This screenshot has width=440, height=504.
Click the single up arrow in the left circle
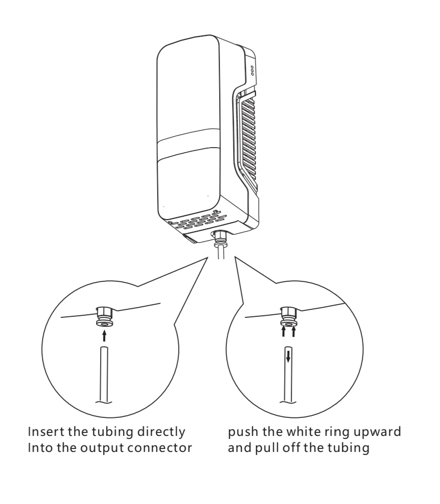tap(104, 336)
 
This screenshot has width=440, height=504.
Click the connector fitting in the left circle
tap(104, 317)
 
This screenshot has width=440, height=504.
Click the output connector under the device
tap(219, 238)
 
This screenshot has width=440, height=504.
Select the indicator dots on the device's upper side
tap(252, 71)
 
